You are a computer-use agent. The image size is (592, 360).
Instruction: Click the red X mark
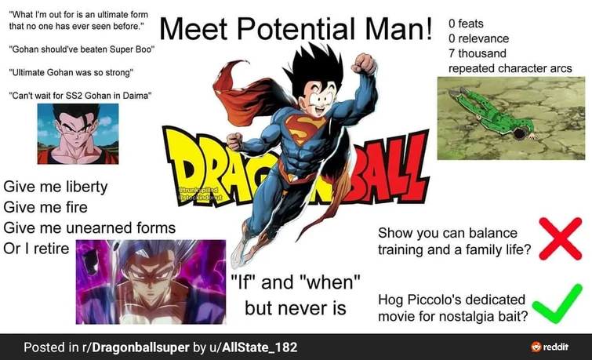560,238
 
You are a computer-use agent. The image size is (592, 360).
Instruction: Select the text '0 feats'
466,24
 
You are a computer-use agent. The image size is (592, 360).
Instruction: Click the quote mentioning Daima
79,96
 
